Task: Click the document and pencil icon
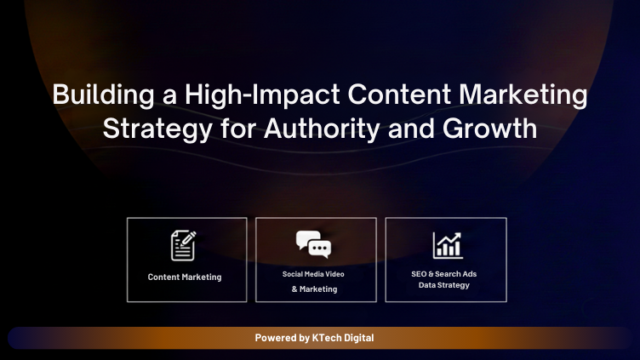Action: coord(184,245)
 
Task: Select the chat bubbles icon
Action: coord(313,244)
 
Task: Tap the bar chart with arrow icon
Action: coord(447,245)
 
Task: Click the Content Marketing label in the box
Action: coord(185,277)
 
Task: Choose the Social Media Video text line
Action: coord(313,274)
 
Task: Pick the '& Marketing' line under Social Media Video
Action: coord(314,289)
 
